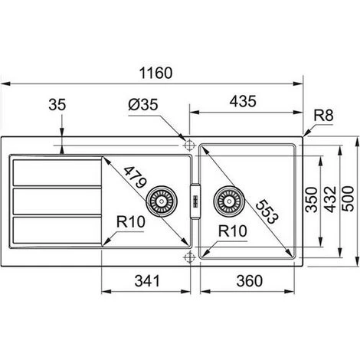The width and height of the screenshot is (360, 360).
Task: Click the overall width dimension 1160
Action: coord(155,73)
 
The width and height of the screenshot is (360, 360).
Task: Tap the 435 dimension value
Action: coord(243,101)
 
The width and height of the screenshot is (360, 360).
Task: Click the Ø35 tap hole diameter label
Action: coord(143,104)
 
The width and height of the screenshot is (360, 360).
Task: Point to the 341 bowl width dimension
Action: coord(147,281)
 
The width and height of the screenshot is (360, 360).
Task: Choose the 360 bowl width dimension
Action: coord(250,281)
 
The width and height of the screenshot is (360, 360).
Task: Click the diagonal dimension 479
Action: coord(135,178)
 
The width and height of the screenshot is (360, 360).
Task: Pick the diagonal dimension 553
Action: coord(267,212)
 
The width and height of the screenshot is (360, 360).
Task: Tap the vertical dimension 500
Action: coord(348,198)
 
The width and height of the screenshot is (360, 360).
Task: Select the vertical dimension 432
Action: coord(331,199)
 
